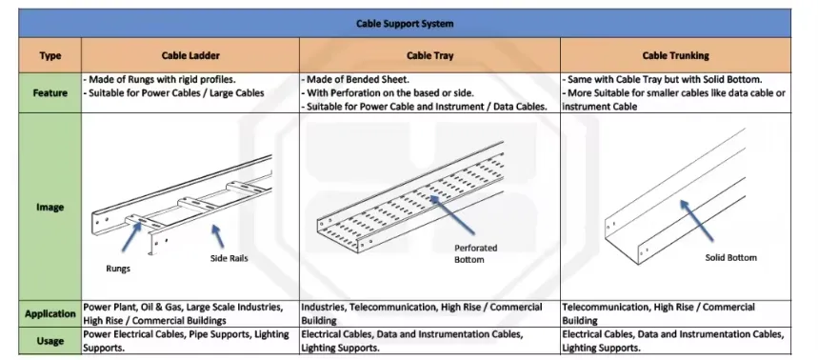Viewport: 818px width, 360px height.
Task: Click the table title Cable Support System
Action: coord(405,24)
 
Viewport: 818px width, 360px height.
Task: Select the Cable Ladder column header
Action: coord(190,55)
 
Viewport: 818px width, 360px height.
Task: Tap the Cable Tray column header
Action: coord(429,55)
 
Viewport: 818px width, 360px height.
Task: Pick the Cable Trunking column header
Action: coord(675,55)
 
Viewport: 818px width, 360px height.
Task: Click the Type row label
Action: coord(50,56)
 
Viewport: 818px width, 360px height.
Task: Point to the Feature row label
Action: coord(50,93)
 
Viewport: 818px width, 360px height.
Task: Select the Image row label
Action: coord(50,207)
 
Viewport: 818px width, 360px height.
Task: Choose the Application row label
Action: coord(50,313)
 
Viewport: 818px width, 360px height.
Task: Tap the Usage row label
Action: coord(50,341)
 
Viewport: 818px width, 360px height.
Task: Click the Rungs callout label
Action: coord(118,269)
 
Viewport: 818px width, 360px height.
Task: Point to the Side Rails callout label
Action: coord(229,258)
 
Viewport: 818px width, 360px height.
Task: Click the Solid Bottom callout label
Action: coord(731,257)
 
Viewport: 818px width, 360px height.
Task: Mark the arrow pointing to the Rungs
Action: coord(131,237)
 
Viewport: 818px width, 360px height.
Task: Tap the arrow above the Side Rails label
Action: coord(217,236)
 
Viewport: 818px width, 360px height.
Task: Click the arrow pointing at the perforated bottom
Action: coord(451,214)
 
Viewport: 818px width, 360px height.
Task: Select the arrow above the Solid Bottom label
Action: coord(696,220)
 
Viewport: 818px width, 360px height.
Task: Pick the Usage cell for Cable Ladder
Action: coord(187,341)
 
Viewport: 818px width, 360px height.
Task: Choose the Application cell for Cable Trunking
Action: coord(658,313)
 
